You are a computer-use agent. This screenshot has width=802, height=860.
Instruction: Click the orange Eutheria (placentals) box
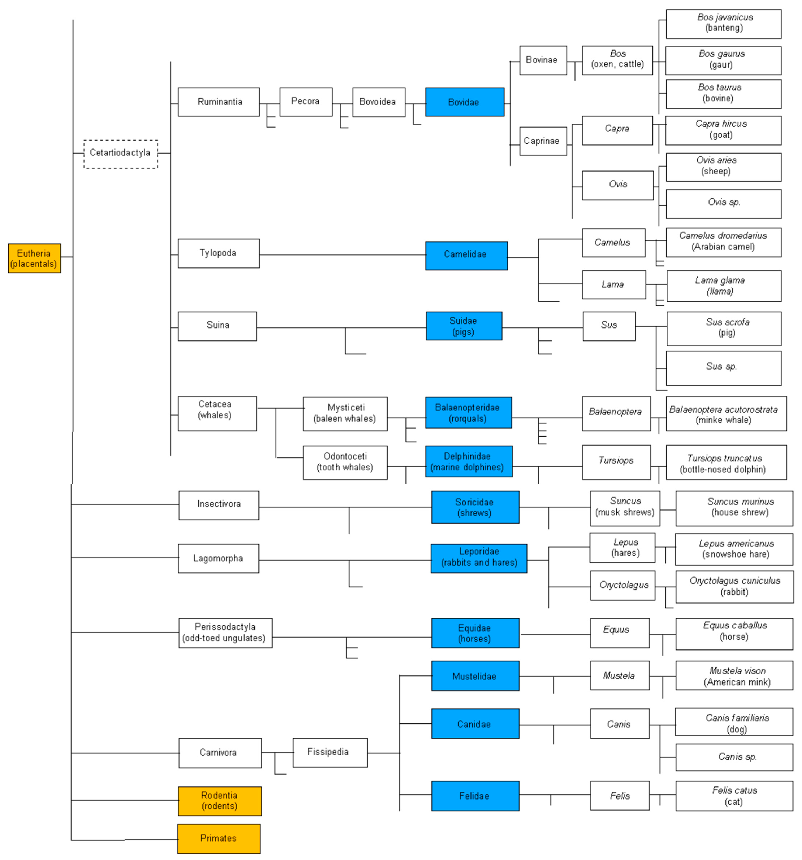[x=34, y=258]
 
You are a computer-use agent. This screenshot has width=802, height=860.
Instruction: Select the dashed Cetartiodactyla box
[x=121, y=154]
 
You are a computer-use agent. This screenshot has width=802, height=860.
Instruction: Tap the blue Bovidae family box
[x=465, y=102]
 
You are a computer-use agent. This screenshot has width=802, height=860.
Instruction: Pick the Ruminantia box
[x=219, y=102]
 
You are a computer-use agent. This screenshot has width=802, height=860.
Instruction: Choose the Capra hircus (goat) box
[x=723, y=130]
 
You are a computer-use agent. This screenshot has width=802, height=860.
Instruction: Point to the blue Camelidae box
[x=466, y=256]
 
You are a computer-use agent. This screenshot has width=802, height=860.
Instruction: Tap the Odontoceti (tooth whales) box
[x=345, y=463]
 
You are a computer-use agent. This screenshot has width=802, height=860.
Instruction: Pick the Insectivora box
[x=219, y=505]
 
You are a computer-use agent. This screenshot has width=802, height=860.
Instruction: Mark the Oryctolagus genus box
[x=622, y=585]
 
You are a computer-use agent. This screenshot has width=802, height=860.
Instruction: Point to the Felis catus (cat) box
[x=734, y=796]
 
